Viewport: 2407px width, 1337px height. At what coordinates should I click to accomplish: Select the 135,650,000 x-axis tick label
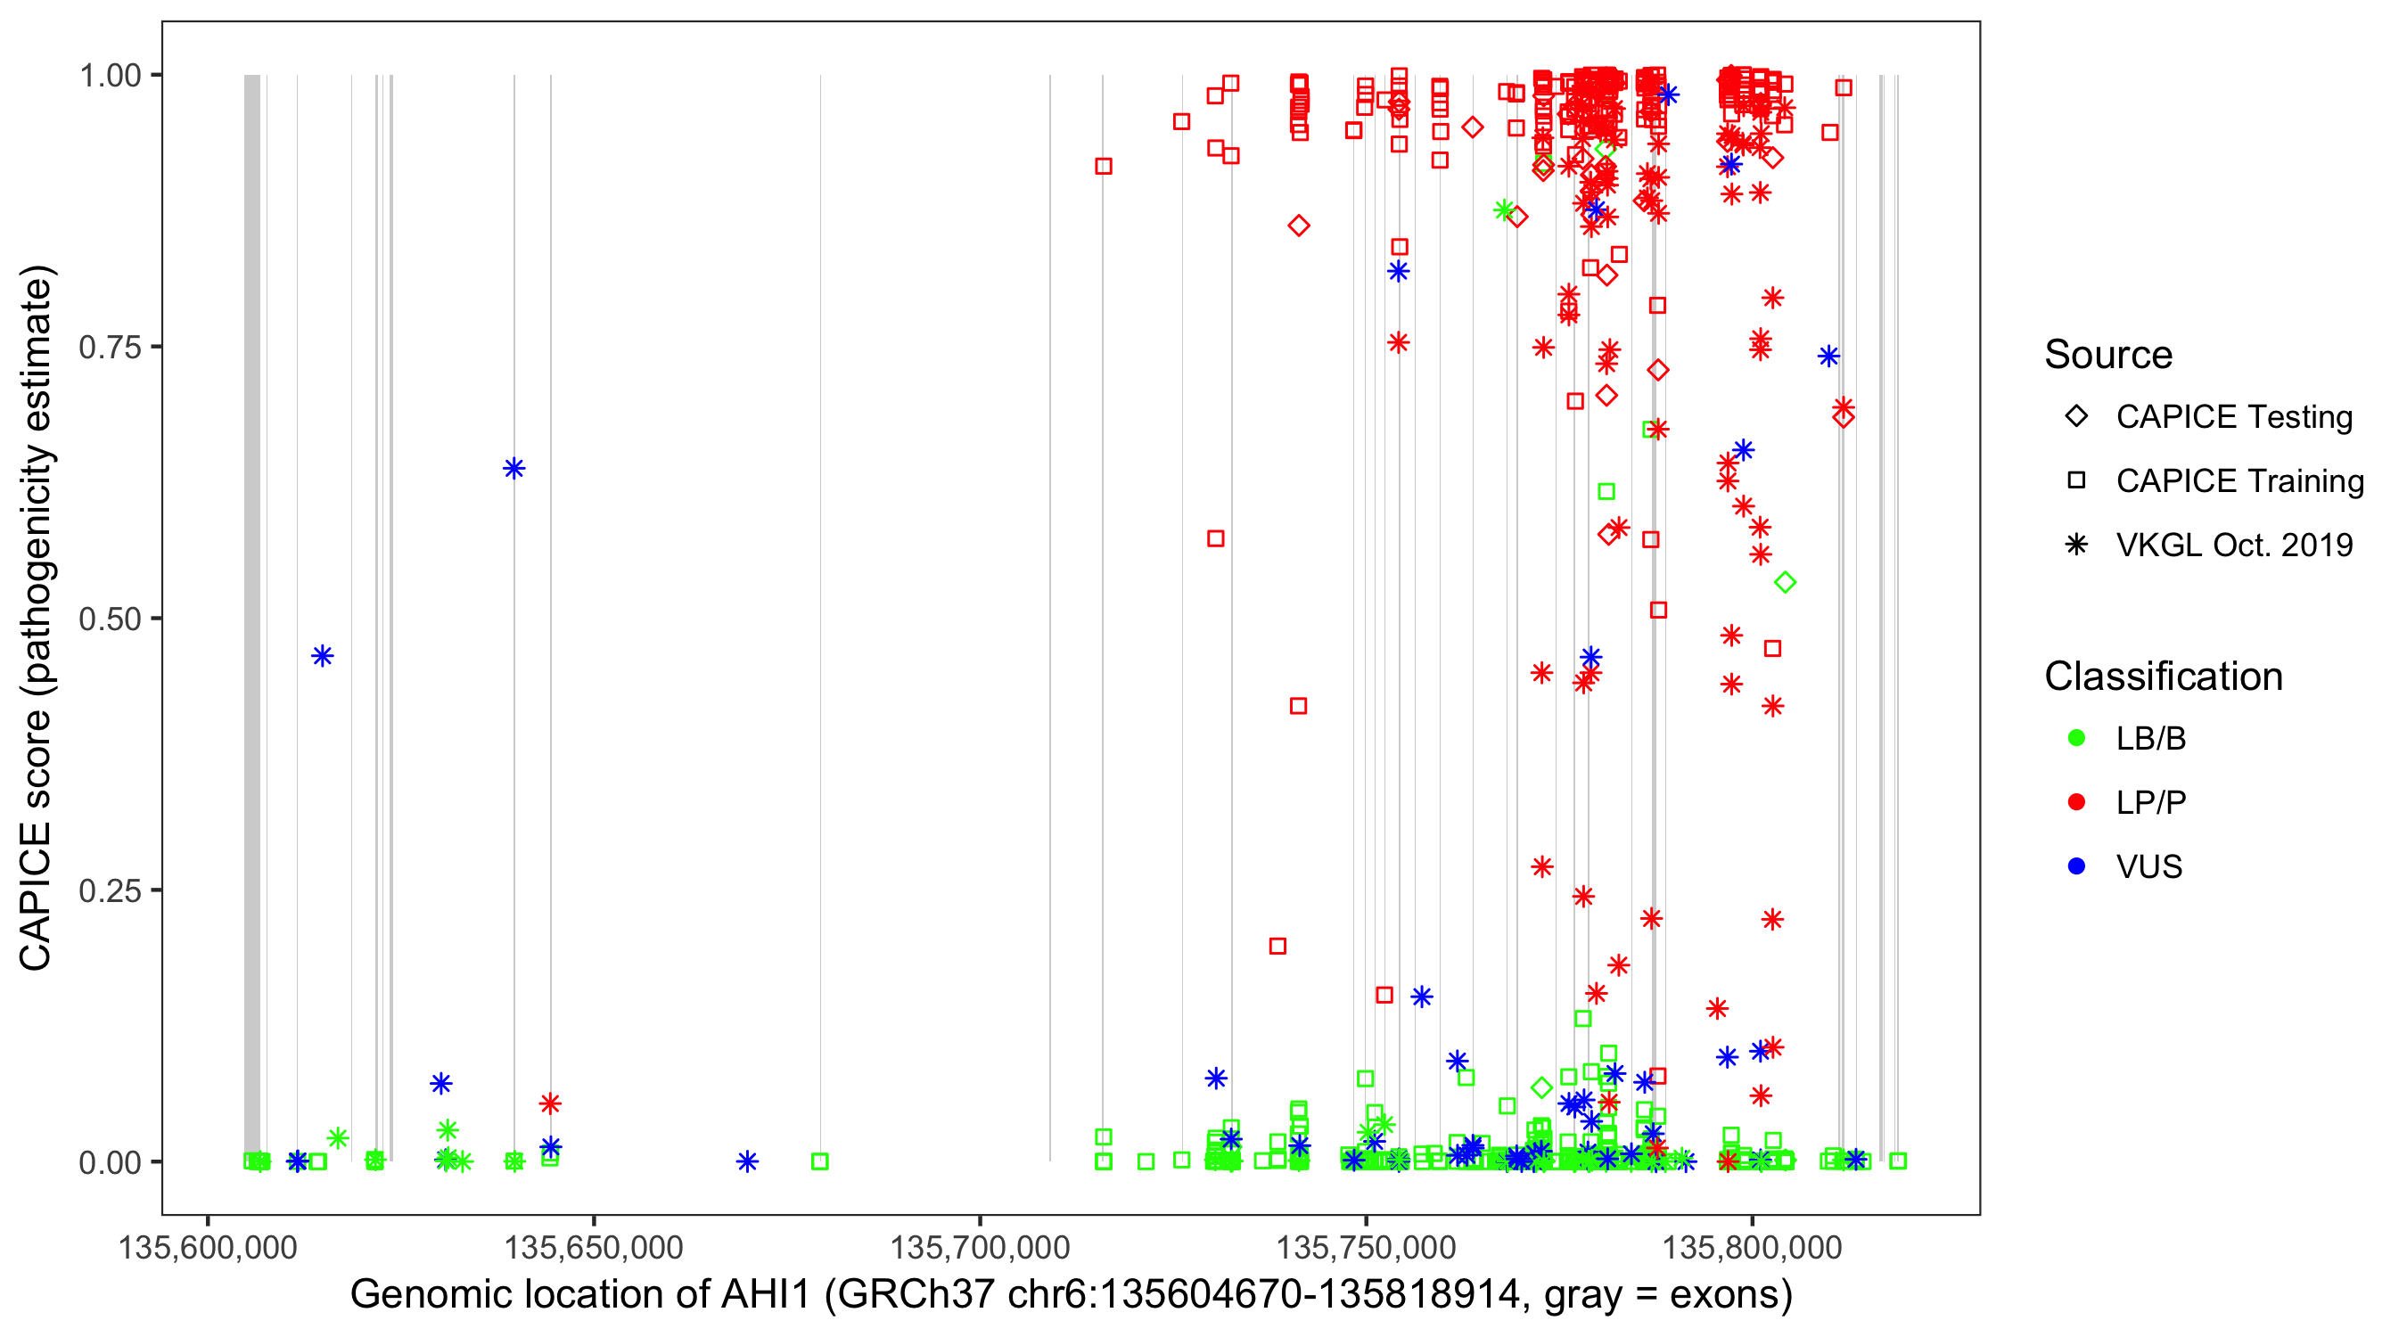pos(594,1247)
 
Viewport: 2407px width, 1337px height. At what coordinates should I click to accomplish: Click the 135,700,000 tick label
pos(979,1247)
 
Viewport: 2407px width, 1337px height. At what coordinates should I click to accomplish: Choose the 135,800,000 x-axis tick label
pos(1752,1247)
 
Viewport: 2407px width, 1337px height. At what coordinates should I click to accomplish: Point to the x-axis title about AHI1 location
pos(1071,1295)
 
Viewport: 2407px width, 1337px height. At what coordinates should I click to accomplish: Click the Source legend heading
pos(2108,355)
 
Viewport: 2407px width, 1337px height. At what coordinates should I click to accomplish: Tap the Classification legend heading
pos(2163,677)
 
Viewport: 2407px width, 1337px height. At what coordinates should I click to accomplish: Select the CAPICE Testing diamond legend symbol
pos(2076,417)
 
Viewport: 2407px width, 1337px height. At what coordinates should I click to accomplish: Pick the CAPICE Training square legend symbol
pos(2076,481)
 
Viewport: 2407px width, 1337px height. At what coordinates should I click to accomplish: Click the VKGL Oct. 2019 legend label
pos(2234,545)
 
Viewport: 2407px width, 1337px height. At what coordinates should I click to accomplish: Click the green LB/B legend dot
pos(2076,739)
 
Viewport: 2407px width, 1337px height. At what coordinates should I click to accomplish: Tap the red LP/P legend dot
pos(2076,802)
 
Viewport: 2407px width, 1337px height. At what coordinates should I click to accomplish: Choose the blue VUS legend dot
pos(2076,867)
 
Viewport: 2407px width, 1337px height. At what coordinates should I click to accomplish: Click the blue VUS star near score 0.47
pos(323,656)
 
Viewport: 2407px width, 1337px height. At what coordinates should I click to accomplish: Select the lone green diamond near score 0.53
pos(1785,583)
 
